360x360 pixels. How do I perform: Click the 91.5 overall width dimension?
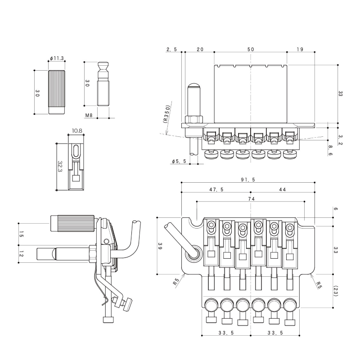[248, 180]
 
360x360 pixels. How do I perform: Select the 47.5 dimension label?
[216, 189]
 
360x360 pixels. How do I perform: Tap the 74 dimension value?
[252, 199]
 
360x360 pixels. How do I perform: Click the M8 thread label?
[89, 115]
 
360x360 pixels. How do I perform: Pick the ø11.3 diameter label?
[57, 58]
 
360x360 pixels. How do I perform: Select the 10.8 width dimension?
[77, 131]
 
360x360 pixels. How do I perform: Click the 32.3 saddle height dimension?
[60, 166]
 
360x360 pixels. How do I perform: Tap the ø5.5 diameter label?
[179, 162]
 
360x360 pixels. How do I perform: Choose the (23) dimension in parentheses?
[336, 291]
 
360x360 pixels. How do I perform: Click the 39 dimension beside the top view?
[160, 246]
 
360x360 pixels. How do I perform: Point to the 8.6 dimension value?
[330, 150]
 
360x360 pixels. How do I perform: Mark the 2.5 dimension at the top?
[172, 49]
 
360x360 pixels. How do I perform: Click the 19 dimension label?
[300, 49]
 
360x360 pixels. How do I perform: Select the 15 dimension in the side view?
[21, 234]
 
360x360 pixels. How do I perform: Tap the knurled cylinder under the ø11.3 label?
[57, 92]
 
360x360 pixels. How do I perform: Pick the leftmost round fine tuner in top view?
[211, 305]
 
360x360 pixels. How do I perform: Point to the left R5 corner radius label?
[176, 282]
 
